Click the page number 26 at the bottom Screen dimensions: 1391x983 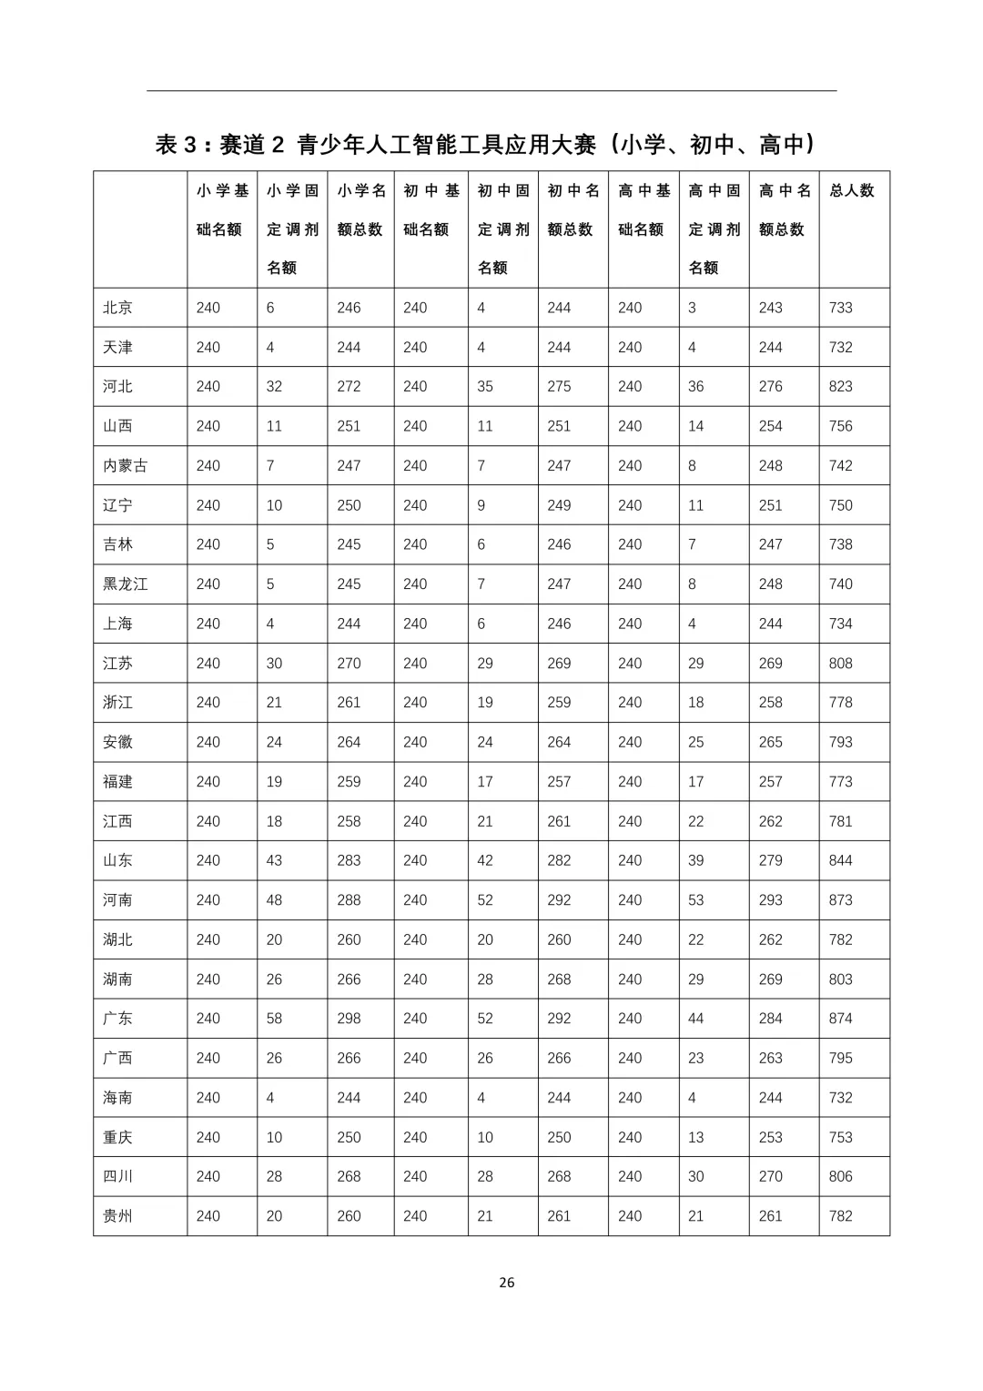coord(507,1282)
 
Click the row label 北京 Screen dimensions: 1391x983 coord(117,308)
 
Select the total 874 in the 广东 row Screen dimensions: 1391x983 coord(840,1019)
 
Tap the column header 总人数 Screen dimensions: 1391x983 coord(852,190)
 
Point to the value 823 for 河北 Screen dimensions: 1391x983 coord(840,387)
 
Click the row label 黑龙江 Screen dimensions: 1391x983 coord(125,584)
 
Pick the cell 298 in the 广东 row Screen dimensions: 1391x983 coord(349,1019)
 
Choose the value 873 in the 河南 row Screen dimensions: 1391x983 coord(840,900)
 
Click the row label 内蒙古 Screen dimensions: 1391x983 coord(125,466)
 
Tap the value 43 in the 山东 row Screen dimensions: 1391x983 coord(274,860)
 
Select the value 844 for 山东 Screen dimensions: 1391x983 coord(840,860)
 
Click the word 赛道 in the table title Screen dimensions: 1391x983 coord(242,145)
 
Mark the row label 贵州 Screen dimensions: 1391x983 coord(117,1216)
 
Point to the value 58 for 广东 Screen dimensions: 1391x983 coord(274,1019)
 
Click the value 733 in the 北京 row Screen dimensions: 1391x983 coord(840,308)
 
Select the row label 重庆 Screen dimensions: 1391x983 coord(117,1137)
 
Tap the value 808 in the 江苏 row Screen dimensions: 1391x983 coord(840,664)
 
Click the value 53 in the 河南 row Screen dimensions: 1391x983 coord(695,900)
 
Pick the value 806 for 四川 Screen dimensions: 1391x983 coord(840,1176)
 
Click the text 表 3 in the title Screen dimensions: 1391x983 coord(176,145)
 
